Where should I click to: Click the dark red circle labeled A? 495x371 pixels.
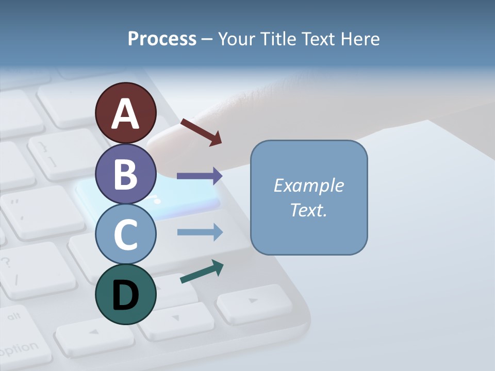[126, 113]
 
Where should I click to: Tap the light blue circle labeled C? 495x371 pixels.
[126, 234]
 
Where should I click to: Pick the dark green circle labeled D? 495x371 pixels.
[126, 294]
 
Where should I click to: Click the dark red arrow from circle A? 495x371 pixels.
[201, 132]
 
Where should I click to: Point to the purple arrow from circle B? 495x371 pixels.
[199, 176]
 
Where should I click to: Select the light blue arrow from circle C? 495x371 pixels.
[200, 232]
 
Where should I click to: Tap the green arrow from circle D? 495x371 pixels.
[202, 272]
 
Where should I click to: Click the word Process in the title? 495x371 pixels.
[162, 39]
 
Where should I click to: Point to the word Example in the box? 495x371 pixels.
[308, 185]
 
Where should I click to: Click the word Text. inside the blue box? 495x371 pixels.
[308, 210]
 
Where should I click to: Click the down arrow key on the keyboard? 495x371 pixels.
[175, 319]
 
